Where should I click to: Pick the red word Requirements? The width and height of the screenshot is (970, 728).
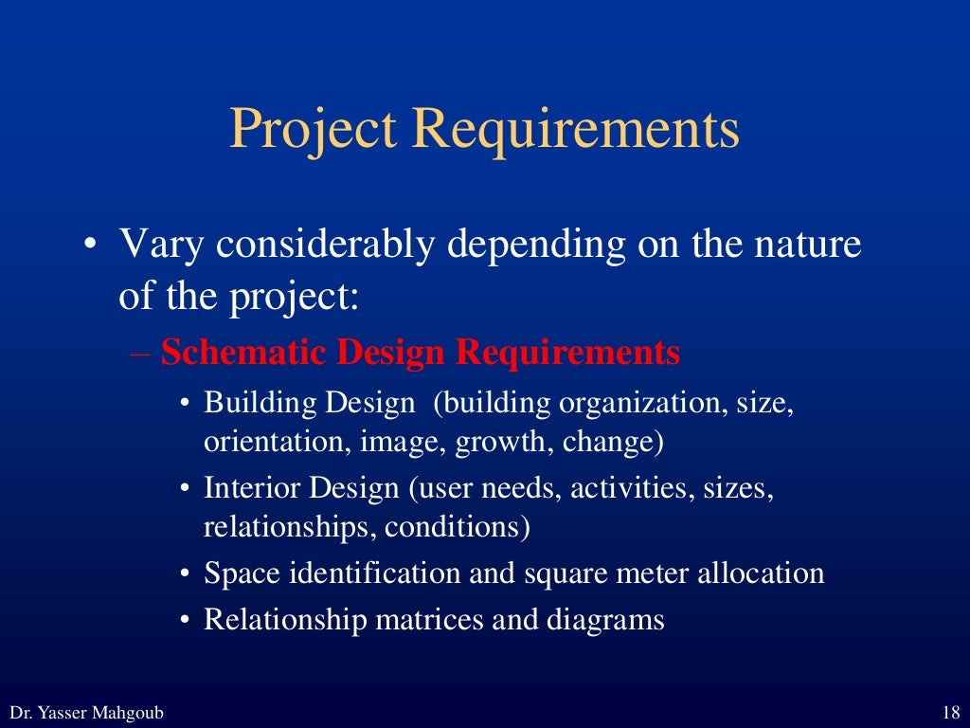click(568, 354)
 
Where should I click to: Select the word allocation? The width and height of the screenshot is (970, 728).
click(761, 573)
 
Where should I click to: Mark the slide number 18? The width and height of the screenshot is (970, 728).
click(952, 712)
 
